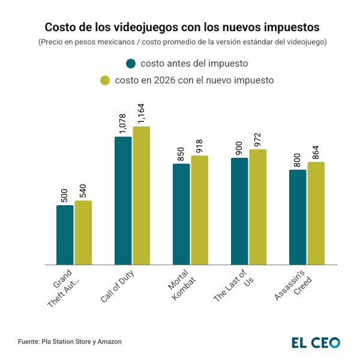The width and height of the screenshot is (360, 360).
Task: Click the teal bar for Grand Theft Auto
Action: point(65,235)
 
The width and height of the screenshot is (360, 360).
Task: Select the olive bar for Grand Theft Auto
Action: point(83,232)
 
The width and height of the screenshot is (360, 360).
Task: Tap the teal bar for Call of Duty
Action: point(123,200)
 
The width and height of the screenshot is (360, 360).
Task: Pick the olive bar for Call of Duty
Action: point(141,196)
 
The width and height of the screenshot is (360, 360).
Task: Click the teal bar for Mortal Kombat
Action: point(181,214)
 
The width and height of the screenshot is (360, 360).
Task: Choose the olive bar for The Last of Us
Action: point(257,207)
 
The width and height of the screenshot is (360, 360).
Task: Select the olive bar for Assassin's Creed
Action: point(316,213)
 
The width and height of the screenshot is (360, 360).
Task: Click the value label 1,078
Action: point(123,123)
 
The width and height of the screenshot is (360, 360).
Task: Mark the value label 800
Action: point(298,160)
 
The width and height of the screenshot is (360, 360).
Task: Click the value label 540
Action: point(83,190)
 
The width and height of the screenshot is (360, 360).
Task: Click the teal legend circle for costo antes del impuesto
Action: point(131,64)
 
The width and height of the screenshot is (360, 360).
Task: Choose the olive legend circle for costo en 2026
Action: point(104,80)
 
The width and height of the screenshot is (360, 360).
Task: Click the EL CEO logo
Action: point(316,342)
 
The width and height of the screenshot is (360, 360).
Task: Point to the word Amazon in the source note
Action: point(108,341)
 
